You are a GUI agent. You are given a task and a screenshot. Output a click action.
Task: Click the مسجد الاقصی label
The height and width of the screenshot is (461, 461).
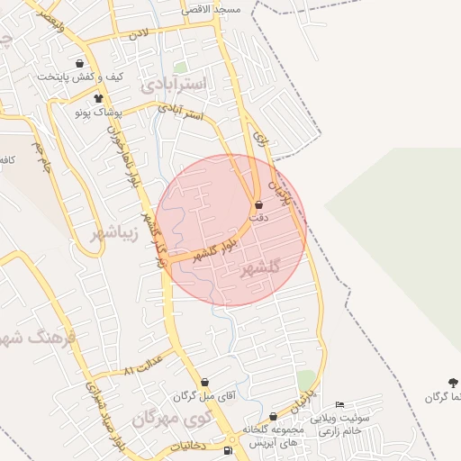(x=211, y=9)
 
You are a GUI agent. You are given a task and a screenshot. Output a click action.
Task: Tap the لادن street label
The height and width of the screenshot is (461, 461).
(x=138, y=33)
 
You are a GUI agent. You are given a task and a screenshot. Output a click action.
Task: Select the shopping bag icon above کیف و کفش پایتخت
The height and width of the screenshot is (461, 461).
(x=81, y=64)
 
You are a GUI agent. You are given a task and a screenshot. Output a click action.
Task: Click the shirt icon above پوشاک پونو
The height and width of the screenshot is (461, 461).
(x=97, y=97)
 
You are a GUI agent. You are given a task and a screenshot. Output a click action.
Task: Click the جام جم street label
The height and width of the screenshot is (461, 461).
(x=41, y=155)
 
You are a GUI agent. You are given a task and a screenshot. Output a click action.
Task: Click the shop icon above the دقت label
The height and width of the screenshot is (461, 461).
(x=259, y=204)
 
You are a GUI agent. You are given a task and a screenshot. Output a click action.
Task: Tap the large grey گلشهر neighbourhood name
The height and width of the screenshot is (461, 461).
(x=262, y=269)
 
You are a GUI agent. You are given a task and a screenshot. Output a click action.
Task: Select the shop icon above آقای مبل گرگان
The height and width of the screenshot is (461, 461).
(x=204, y=382)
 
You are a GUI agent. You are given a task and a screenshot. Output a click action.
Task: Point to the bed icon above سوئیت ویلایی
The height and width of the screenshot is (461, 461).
(x=339, y=405)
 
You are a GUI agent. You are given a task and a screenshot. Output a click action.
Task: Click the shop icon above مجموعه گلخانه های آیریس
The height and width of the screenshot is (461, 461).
(x=273, y=416)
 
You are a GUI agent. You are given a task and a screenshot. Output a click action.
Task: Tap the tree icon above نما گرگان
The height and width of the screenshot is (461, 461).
(x=453, y=384)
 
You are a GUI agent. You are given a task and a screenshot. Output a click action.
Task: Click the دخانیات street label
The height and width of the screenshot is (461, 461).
(x=187, y=446)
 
